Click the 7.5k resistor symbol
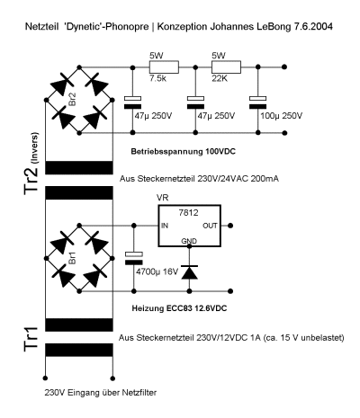(164, 67)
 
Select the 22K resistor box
(226, 67)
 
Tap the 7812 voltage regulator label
(188, 213)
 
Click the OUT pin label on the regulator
(210, 226)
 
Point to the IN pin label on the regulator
(165, 226)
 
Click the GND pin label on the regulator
(189, 241)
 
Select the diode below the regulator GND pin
(189, 272)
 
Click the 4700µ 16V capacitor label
(157, 272)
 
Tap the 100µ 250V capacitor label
(282, 116)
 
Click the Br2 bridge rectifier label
(72, 100)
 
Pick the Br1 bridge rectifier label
(72, 258)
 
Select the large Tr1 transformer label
(31, 339)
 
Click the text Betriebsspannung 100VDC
(184, 152)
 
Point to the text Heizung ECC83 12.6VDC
(179, 308)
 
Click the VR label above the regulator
(163, 198)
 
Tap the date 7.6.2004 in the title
(312, 26)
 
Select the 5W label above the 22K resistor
(219, 56)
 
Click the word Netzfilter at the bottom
(139, 392)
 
